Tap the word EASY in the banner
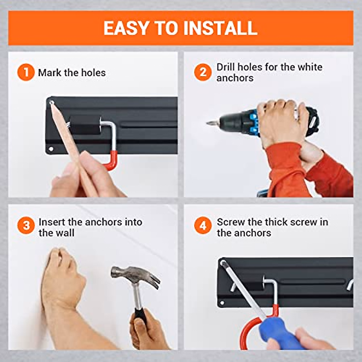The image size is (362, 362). coord(126,28)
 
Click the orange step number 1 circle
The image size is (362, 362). coord(26,73)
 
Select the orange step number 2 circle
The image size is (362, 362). coord(203,72)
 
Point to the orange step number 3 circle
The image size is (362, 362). coord(26,225)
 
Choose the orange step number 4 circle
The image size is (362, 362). coord(203,225)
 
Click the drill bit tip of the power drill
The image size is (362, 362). coord(207,123)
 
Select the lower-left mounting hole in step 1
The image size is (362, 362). coord(51,149)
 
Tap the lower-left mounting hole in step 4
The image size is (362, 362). coord(222,303)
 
